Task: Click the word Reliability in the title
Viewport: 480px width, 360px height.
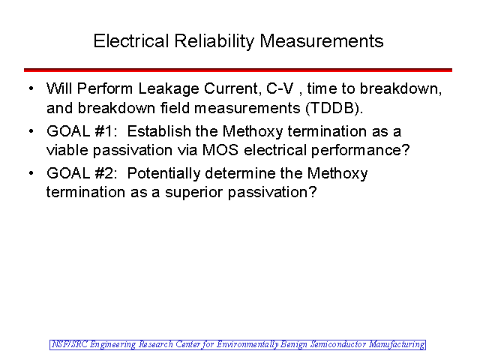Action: pyautogui.click(x=214, y=41)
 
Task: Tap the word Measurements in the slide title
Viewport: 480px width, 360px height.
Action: pyautogui.click(x=322, y=41)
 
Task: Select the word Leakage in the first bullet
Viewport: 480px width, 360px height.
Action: pyautogui.click(x=169, y=89)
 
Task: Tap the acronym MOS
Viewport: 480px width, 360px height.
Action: pyautogui.click(x=220, y=150)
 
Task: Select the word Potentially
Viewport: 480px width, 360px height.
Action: pyautogui.click(x=163, y=174)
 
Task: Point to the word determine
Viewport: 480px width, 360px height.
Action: pyautogui.click(x=240, y=173)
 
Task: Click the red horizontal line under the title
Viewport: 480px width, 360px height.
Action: pyautogui.click(x=238, y=70)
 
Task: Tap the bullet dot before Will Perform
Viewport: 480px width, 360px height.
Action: pyautogui.click(x=31, y=89)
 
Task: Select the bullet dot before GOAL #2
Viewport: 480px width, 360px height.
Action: pyautogui.click(x=31, y=173)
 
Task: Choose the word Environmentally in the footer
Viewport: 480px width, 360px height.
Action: pyautogui.click(x=247, y=345)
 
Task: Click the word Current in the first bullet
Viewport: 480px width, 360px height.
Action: pyautogui.click(x=232, y=88)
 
